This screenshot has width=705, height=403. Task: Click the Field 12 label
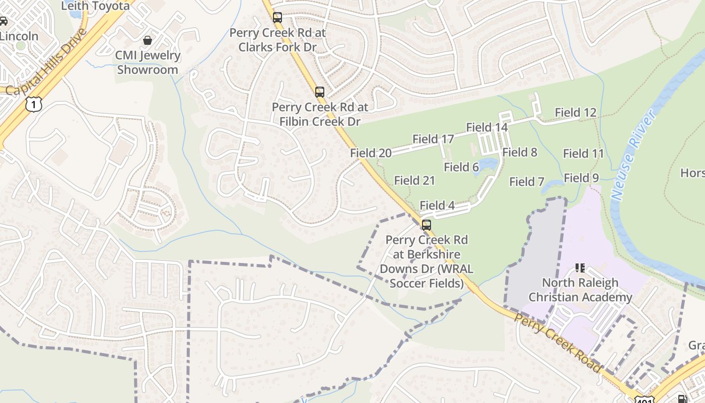point(575,113)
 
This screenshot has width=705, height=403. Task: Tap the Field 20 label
point(371,153)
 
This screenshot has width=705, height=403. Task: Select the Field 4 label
point(437,206)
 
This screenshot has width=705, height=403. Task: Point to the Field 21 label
point(414,180)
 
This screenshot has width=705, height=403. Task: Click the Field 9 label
point(581,178)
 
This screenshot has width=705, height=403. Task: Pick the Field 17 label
point(433,139)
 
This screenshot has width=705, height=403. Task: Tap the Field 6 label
point(461,167)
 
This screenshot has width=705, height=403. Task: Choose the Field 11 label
point(583,154)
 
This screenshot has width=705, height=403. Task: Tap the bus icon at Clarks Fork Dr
point(277,18)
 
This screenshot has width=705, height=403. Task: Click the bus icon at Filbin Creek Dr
point(320,92)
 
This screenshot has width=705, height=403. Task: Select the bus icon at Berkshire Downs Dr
point(427,225)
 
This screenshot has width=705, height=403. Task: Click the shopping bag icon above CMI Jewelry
point(148,40)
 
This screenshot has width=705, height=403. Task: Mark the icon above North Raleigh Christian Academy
point(580,268)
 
